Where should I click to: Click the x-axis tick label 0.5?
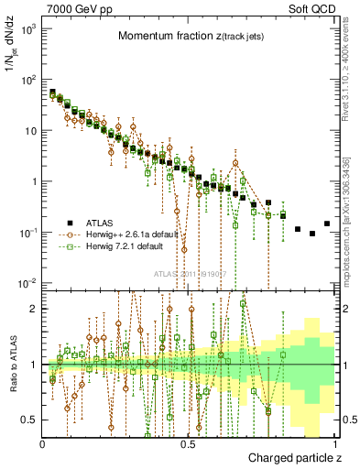point(189,444)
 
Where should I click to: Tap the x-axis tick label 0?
point(43,444)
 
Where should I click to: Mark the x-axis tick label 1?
point(336,444)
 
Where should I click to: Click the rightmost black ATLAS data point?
point(327,224)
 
